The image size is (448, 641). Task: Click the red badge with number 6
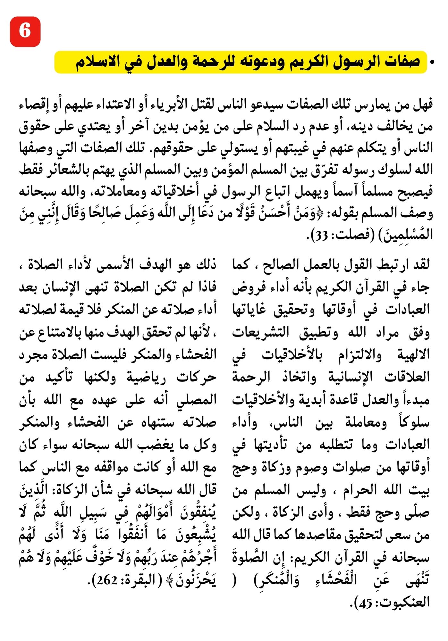coord(25,32)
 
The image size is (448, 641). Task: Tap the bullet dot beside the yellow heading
coord(433,62)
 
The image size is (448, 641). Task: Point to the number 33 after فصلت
coord(321,236)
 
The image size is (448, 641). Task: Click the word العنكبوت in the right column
coord(404,603)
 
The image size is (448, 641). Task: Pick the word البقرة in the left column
coord(136,580)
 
